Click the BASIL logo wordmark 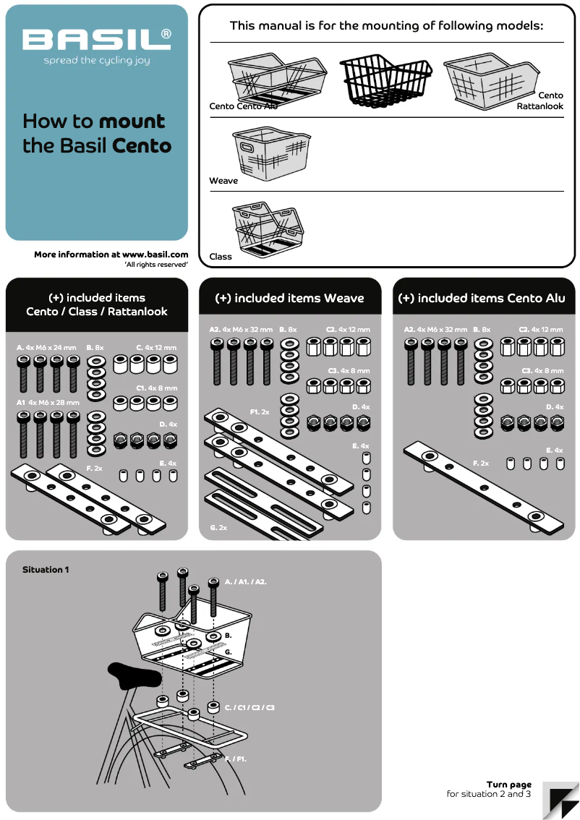96,40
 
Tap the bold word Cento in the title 142,145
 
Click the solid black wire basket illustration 386,79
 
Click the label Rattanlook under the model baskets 540,106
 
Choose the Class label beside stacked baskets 221,257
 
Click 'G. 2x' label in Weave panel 218,528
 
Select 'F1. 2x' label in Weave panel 260,411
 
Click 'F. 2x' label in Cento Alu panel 481,463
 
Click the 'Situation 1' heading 46,570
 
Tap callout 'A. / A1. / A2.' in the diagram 245,581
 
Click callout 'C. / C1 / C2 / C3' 250,707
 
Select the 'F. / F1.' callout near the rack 236,759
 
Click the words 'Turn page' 508,785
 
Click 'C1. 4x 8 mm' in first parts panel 156,388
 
